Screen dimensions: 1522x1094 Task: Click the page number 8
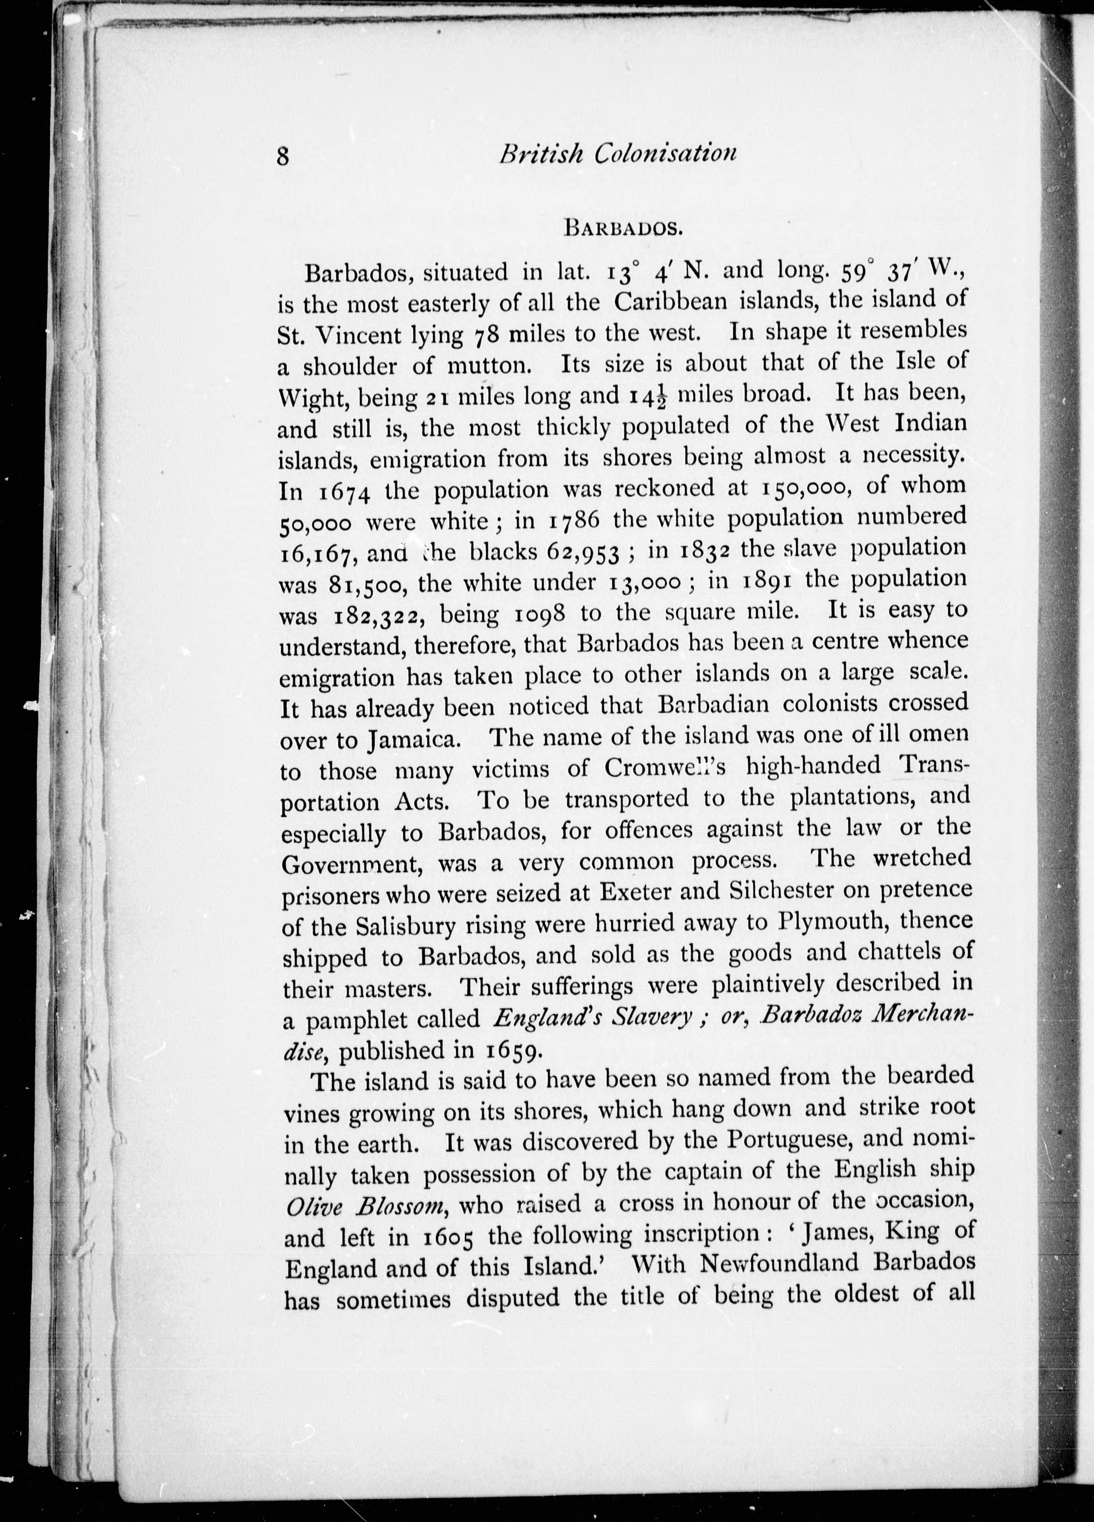[x=282, y=157]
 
